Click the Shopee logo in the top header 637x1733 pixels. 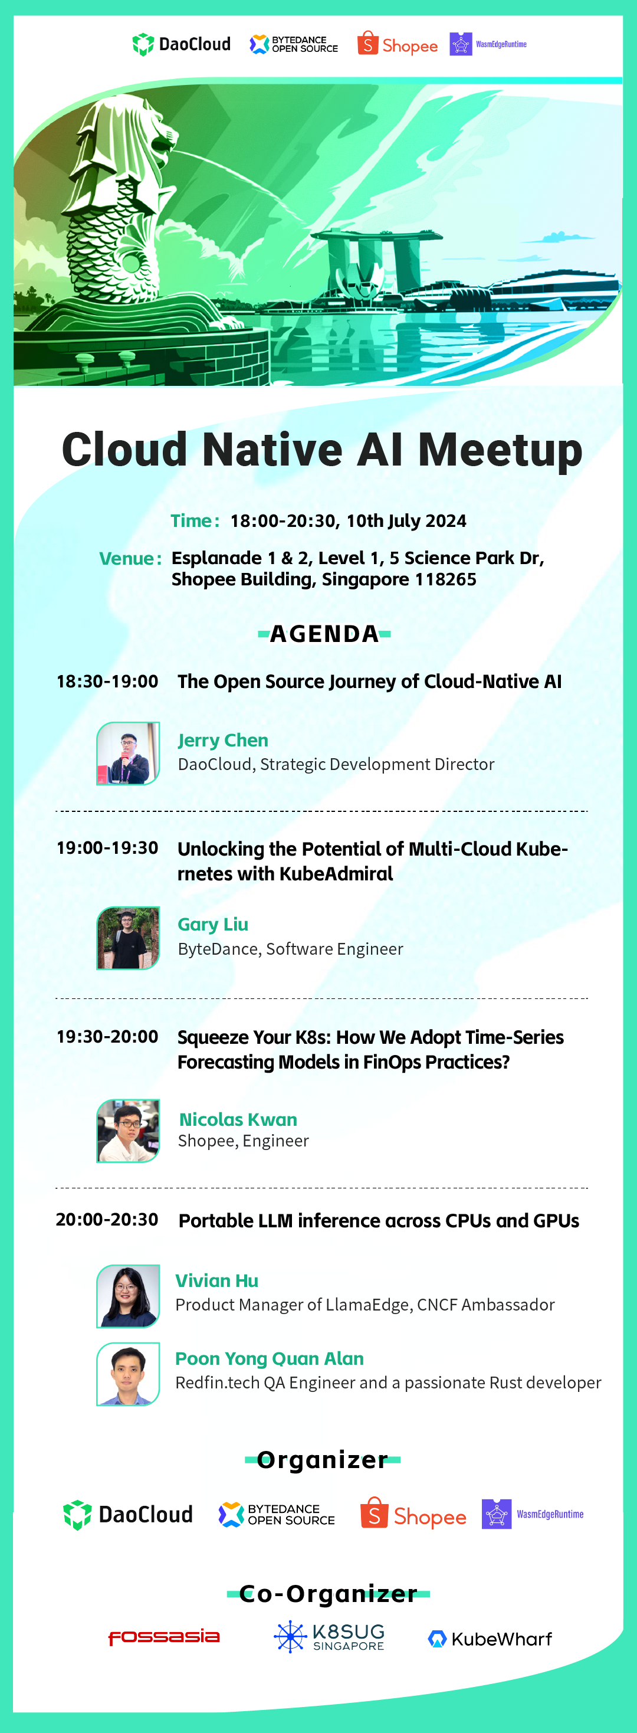(398, 44)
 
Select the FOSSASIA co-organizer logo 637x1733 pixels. (164, 1637)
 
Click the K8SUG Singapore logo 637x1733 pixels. (329, 1637)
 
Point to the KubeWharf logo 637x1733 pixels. (490, 1639)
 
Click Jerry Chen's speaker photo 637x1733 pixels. (128, 754)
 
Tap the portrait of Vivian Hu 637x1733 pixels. (128, 1296)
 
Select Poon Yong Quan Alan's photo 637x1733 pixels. (128, 1374)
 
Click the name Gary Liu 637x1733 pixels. (212, 925)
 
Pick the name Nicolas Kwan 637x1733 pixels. (238, 1119)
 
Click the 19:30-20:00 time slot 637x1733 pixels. (107, 1037)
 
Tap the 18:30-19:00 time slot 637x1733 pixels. (107, 682)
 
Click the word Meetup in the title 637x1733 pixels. (500, 451)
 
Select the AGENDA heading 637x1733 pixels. (324, 634)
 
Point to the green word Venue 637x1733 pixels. (126, 558)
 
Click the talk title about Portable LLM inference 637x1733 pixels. (379, 1220)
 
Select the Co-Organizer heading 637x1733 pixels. (329, 1594)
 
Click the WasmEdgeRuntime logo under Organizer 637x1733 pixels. (533, 1514)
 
